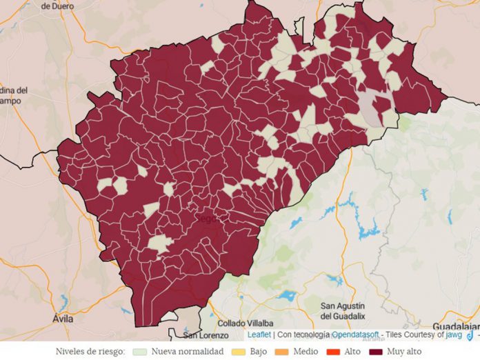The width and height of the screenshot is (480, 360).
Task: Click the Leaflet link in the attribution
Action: (259, 334)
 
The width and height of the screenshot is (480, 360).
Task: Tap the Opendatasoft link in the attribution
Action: (357, 334)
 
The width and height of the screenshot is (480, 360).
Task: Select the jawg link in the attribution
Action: (454, 334)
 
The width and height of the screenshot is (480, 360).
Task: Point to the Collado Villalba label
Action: (245, 323)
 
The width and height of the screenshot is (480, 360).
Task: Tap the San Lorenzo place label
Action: (205, 335)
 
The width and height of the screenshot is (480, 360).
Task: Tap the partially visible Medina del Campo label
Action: (14, 95)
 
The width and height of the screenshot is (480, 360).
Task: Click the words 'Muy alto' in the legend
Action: (404, 351)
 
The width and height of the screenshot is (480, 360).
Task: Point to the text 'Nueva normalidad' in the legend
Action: (187, 351)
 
